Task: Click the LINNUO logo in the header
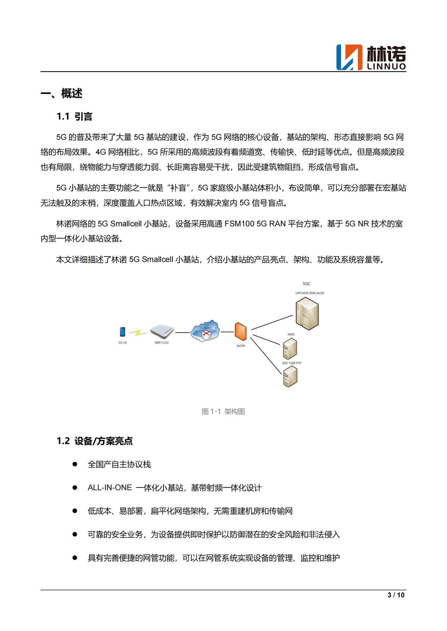371,57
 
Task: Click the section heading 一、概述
61,93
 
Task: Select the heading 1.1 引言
74,117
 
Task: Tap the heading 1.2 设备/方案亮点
94,441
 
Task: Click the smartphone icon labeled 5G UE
122,332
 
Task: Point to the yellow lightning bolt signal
138,333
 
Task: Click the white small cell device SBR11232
162,331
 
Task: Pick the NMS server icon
290,348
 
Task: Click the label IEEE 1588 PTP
292,363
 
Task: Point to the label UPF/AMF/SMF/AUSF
310,293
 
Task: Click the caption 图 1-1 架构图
223,411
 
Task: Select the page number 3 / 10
396,595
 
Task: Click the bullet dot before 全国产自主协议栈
75,464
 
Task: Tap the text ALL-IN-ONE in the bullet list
109,487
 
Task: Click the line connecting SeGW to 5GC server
272,322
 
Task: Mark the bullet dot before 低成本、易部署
75,511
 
